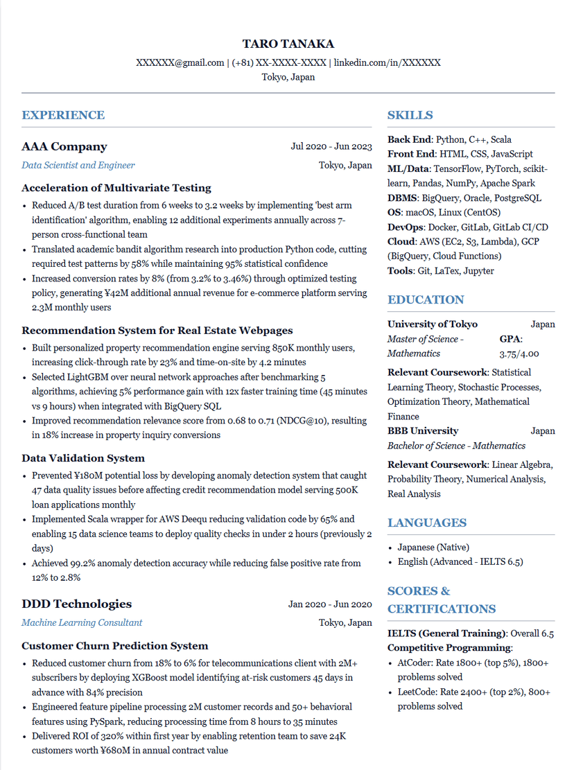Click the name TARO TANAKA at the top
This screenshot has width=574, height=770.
[x=288, y=44]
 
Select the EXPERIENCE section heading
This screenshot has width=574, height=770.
[x=63, y=115]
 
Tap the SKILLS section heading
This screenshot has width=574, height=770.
[x=410, y=115]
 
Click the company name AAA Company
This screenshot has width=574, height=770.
[x=64, y=146]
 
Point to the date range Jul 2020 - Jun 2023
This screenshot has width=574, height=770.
[x=331, y=146]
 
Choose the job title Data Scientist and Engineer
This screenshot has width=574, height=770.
[x=78, y=165]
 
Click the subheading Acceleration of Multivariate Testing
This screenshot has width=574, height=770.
[x=116, y=188]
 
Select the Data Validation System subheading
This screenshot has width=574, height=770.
[x=83, y=458]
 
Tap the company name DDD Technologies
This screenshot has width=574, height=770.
[x=76, y=604]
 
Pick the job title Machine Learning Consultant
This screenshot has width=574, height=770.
[x=82, y=622]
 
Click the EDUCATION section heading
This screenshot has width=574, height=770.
[x=426, y=299]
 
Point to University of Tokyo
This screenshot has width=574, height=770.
[x=433, y=324]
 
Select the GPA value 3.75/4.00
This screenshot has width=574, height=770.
[x=519, y=353]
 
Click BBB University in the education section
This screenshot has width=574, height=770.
[x=423, y=430]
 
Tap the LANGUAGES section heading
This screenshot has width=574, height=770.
[x=427, y=523]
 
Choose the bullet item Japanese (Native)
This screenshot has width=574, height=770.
[x=433, y=547]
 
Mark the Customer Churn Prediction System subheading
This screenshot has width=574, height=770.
[x=115, y=646]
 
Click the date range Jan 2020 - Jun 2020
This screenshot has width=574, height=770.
[x=330, y=604]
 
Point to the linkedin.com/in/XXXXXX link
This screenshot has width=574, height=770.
[x=387, y=62]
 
